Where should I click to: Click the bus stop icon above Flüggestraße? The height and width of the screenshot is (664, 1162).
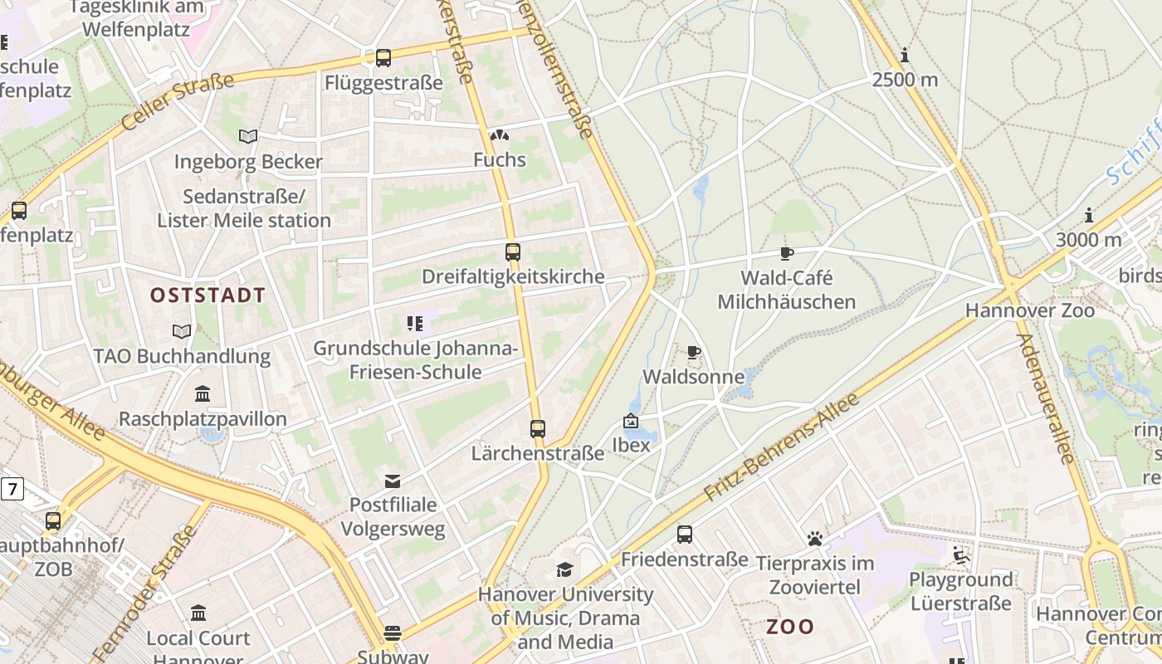pyautogui.click(x=383, y=58)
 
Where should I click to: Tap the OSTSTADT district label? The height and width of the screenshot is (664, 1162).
pyautogui.click(x=207, y=295)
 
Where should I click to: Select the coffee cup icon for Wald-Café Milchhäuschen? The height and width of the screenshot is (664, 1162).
pyautogui.click(x=786, y=254)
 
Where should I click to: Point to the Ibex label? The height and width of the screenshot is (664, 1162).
pyautogui.click(x=631, y=445)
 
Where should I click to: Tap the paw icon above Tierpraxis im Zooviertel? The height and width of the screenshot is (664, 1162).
pyautogui.click(x=814, y=539)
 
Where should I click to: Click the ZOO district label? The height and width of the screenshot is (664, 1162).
pyautogui.click(x=789, y=627)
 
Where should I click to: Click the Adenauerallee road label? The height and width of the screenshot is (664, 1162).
pyautogui.click(x=1045, y=398)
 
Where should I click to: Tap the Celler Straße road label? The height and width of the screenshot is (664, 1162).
pyautogui.click(x=178, y=101)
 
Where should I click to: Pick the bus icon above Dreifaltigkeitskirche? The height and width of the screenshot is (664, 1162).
pyautogui.click(x=513, y=252)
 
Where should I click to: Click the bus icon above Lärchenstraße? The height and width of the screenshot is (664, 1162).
pyautogui.click(x=538, y=429)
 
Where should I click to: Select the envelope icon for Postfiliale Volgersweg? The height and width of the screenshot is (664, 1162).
pyautogui.click(x=393, y=481)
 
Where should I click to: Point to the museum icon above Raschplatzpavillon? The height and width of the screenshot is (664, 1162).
pyautogui.click(x=203, y=393)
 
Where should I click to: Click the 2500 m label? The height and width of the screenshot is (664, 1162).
pyautogui.click(x=905, y=80)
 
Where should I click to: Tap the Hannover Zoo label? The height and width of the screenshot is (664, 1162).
pyautogui.click(x=1029, y=310)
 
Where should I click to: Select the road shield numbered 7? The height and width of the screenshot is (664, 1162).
pyautogui.click(x=12, y=490)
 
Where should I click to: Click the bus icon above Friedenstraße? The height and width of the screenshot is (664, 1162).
pyautogui.click(x=684, y=535)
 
